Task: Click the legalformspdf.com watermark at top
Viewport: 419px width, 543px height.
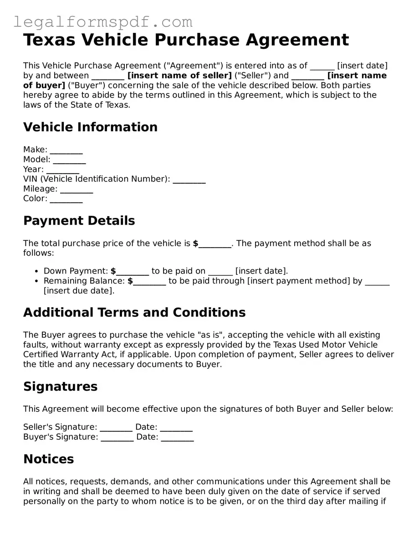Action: [x=102, y=21]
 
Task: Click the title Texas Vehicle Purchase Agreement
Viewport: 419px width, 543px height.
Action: [x=186, y=40]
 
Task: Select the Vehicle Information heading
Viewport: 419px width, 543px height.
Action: [x=90, y=127]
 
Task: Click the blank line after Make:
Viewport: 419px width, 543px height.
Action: [x=66, y=151]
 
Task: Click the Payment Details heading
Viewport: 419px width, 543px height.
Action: [x=79, y=221]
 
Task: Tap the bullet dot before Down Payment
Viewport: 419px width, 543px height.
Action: [x=36, y=271]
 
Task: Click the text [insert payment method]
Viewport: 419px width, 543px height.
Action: [x=298, y=281]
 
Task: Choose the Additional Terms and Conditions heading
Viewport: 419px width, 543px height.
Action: [x=134, y=312]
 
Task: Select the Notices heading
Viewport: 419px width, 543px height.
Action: [x=48, y=459]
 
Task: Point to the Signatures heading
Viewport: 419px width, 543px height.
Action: [x=60, y=386]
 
